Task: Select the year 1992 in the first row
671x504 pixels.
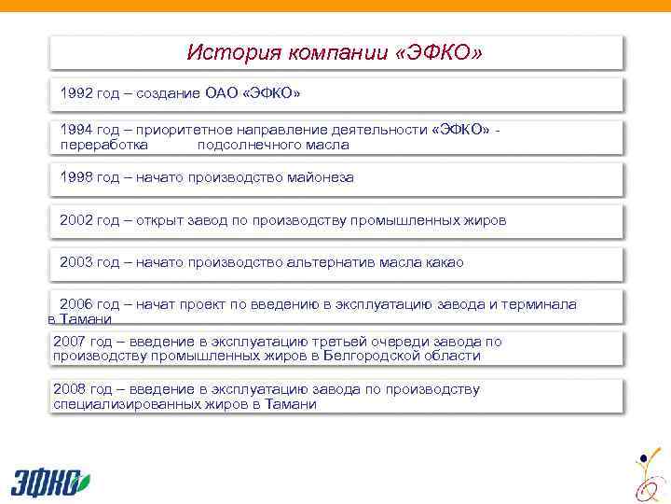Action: [x=76, y=94]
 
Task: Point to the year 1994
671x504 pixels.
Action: [x=76, y=130]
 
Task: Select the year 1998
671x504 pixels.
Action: [x=76, y=176]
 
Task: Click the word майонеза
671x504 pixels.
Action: [x=322, y=176]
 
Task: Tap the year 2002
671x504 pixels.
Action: [x=76, y=221]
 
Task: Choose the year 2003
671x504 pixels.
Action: [x=76, y=262]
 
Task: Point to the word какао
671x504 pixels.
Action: [x=442, y=262]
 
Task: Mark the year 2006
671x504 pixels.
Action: [x=76, y=304]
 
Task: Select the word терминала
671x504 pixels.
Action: [x=540, y=304]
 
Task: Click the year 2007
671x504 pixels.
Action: [x=71, y=342]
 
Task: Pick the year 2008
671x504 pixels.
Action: [x=71, y=389]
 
